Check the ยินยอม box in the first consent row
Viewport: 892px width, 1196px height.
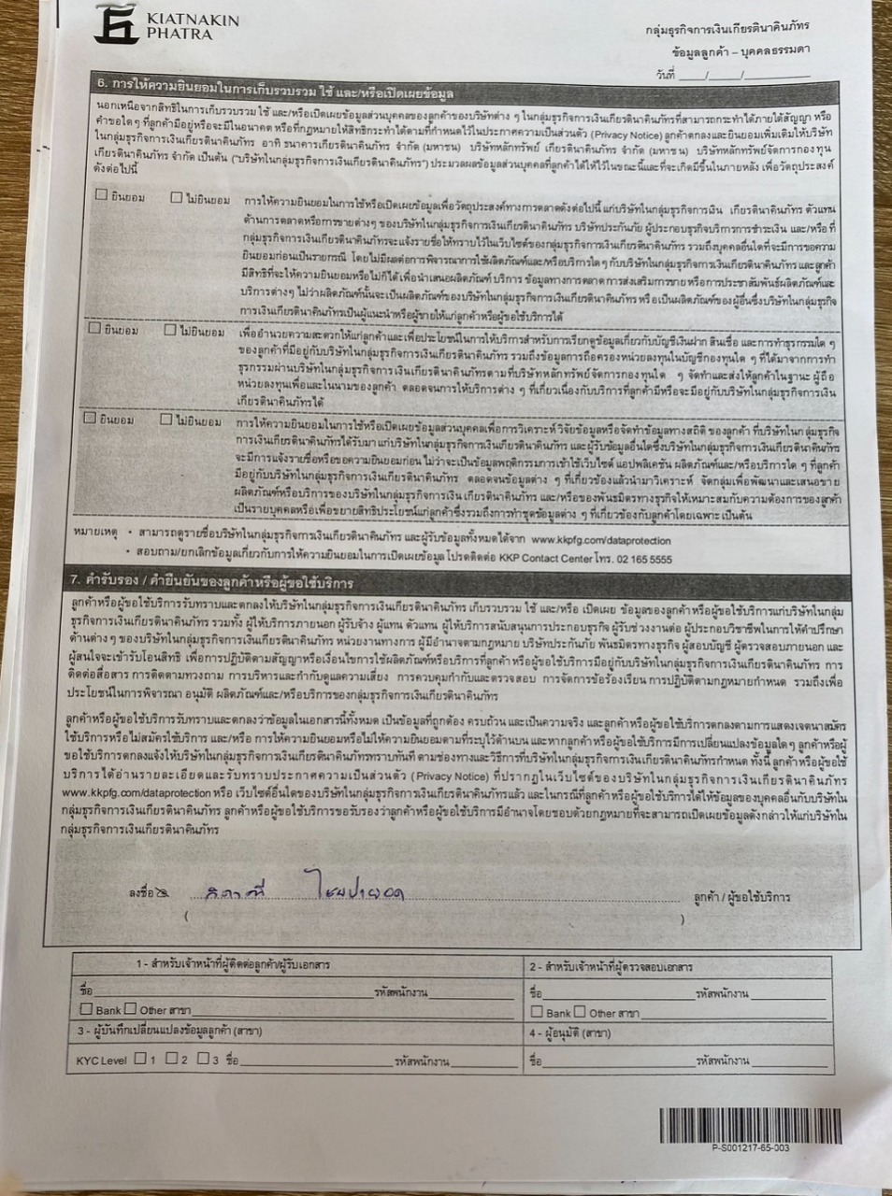click(x=101, y=196)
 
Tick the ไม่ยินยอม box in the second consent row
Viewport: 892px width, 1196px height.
click(x=171, y=330)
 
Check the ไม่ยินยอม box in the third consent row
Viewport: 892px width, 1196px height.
click(x=165, y=420)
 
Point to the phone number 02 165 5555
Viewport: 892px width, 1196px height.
click(x=640, y=559)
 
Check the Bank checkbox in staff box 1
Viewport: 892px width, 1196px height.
click(x=87, y=1009)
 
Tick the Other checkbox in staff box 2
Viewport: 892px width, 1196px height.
click(x=580, y=1012)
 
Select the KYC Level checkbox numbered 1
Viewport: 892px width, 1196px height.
click(x=140, y=1059)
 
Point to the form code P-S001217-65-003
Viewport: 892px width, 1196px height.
click(x=750, y=1147)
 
